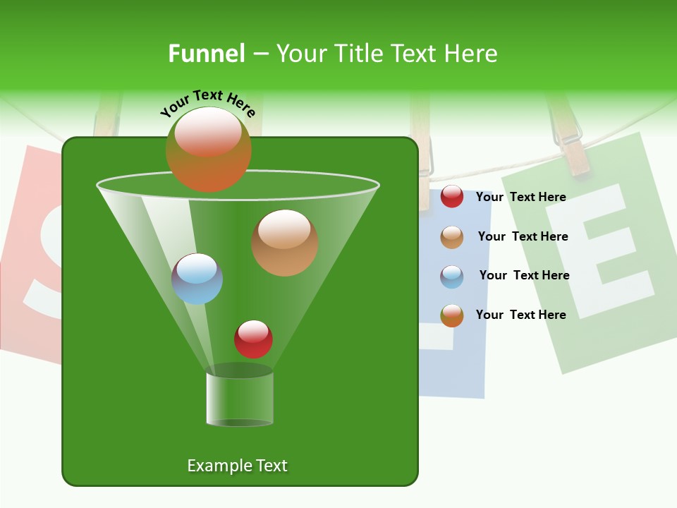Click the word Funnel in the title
[x=206, y=54]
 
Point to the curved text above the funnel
[x=207, y=102]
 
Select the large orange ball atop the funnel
[x=209, y=149]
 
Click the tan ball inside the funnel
[x=284, y=242]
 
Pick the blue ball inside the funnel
[x=197, y=279]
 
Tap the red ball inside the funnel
[x=253, y=339]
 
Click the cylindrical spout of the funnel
[x=240, y=399]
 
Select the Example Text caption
[x=237, y=466]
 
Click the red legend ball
[x=452, y=197]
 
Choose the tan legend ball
[x=452, y=237]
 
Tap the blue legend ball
[x=452, y=277]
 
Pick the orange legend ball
[x=452, y=315]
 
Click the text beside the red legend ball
[x=520, y=197]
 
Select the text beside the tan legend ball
[x=523, y=236]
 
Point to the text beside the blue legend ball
[x=524, y=275]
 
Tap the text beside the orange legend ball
[x=520, y=315]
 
